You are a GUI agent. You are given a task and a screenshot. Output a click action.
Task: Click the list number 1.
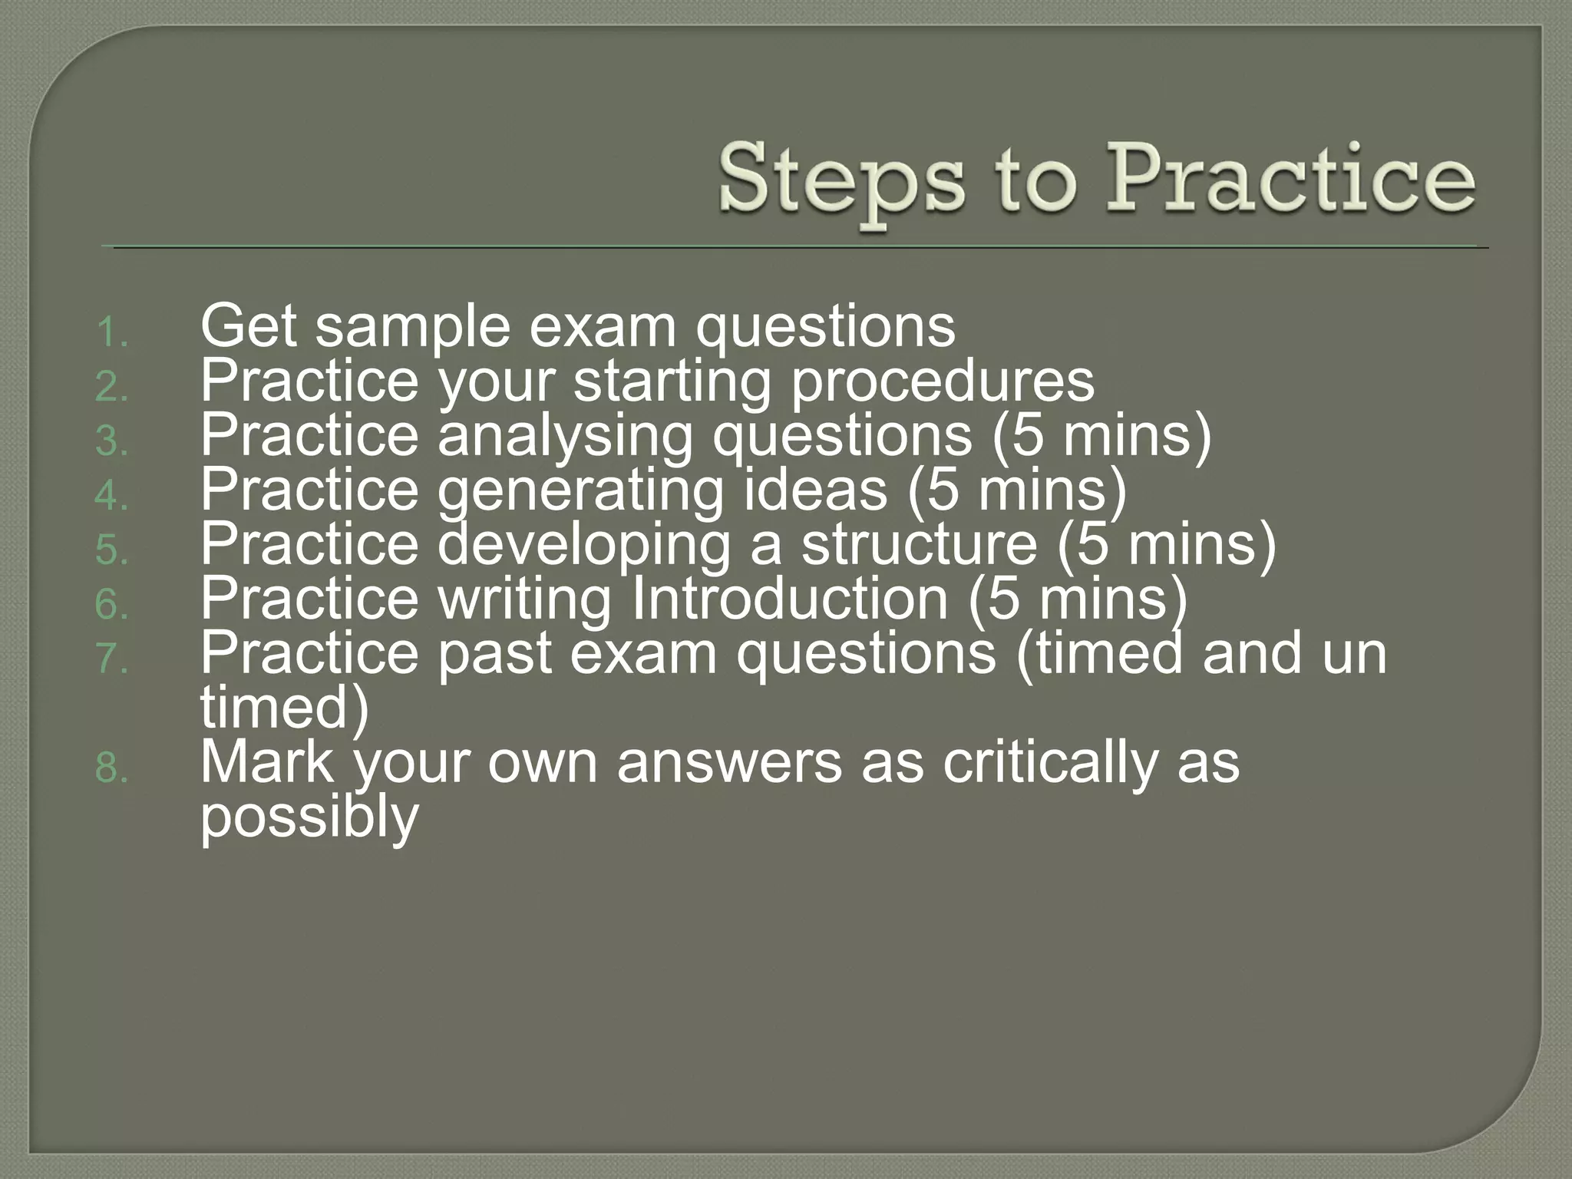click(112, 334)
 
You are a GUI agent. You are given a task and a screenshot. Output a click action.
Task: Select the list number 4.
click(112, 497)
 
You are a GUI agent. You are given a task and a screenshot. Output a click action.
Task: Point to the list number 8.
click(112, 768)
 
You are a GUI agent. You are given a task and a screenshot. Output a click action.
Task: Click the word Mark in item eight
click(268, 762)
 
